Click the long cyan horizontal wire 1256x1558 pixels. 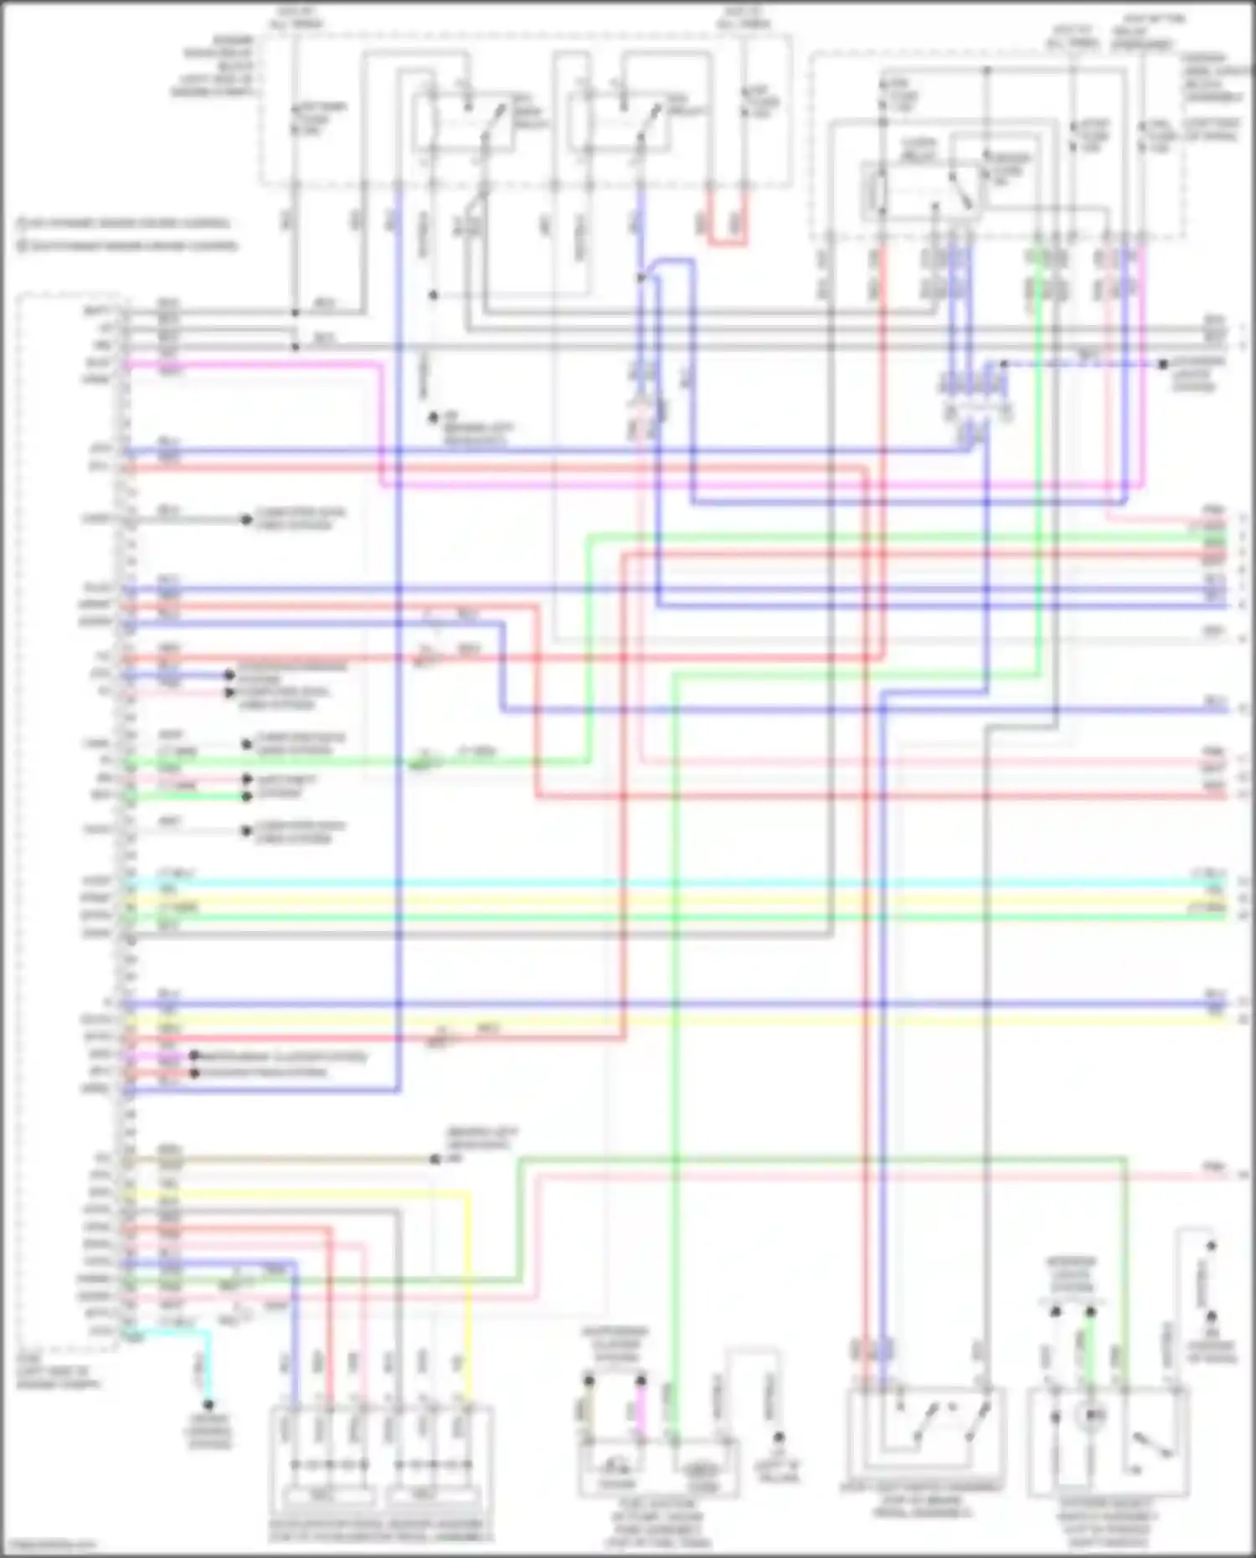click(670, 883)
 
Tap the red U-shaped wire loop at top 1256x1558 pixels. click(726, 243)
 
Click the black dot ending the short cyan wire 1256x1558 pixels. click(208, 1405)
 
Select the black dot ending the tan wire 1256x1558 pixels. click(435, 1160)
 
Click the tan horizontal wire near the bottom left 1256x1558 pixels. click(285, 1160)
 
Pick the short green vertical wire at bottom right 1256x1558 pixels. click(1090, 1348)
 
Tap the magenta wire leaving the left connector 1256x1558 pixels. click(251, 364)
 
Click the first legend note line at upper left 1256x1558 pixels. click(126, 224)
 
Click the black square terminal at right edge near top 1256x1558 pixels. click(1162, 365)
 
